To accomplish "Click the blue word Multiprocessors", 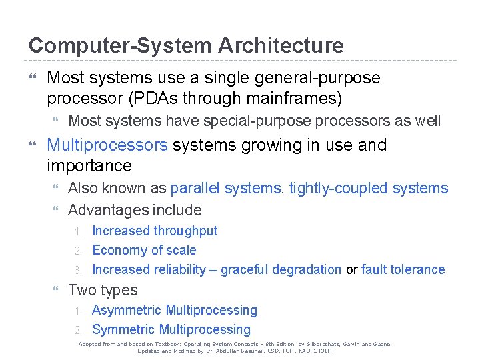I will pyautogui.click(x=107, y=145).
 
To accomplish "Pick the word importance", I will pyautogui.click(x=89, y=165).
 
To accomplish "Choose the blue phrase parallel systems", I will pyautogui.click(x=225, y=189).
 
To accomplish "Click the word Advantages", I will pyautogui.click(x=109, y=210).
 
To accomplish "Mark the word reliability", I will pyautogui.click(x=179, y=269).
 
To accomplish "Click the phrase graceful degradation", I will pyautogui.click(x=281, y=269).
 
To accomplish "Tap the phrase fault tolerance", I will pyautogui.click(x=403, y=269).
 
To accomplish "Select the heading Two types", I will pyautogui.click(x=103, y=290).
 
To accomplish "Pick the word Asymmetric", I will pyautogui.click(x=127, y=310).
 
